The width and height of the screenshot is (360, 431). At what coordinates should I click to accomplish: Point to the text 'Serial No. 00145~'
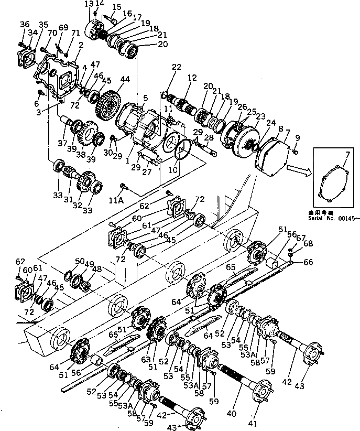(x=334, y=220)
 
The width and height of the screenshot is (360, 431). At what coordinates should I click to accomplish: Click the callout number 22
(x=177, y=67)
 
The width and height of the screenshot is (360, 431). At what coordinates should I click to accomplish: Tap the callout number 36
(x=25, y=25)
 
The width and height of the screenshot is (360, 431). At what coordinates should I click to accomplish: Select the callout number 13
(x=89, y=4)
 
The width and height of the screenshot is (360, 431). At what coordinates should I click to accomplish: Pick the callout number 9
(x=297, y=137)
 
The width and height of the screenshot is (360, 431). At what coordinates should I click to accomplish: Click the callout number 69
(x=63, y=27)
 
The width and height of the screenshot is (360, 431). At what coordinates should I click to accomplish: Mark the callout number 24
(x=272, y=124)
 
